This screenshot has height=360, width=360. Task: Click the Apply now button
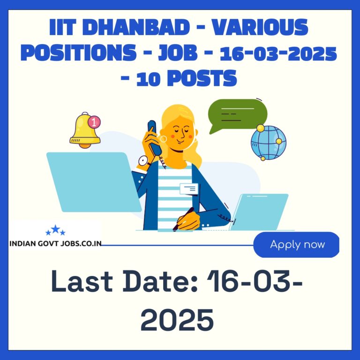click(296, 245)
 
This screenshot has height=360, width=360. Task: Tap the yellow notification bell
click(85, 130)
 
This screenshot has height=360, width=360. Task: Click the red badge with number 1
click(94, 122)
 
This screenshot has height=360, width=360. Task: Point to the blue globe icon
click(269, 142)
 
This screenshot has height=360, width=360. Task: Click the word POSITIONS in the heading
click(79, 53)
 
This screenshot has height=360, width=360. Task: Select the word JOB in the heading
click(178, 53)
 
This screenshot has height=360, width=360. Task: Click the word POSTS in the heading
click(202, 78)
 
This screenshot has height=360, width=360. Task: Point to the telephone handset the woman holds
click(154, 137)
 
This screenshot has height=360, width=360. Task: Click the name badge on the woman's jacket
click(189, 189)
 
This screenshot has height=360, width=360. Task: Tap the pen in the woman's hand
click(183, 219)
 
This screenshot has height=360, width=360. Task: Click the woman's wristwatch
click(144, 161)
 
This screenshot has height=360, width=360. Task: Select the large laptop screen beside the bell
click(94, 182)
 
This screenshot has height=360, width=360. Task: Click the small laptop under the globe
click(259, 212)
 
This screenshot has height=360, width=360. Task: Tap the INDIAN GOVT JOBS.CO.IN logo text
click(56, 243)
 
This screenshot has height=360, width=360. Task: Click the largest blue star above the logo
click(55, 229)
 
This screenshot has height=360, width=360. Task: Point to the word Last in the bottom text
click(82, 281)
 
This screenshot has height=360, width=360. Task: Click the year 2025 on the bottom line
click(177, 320)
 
